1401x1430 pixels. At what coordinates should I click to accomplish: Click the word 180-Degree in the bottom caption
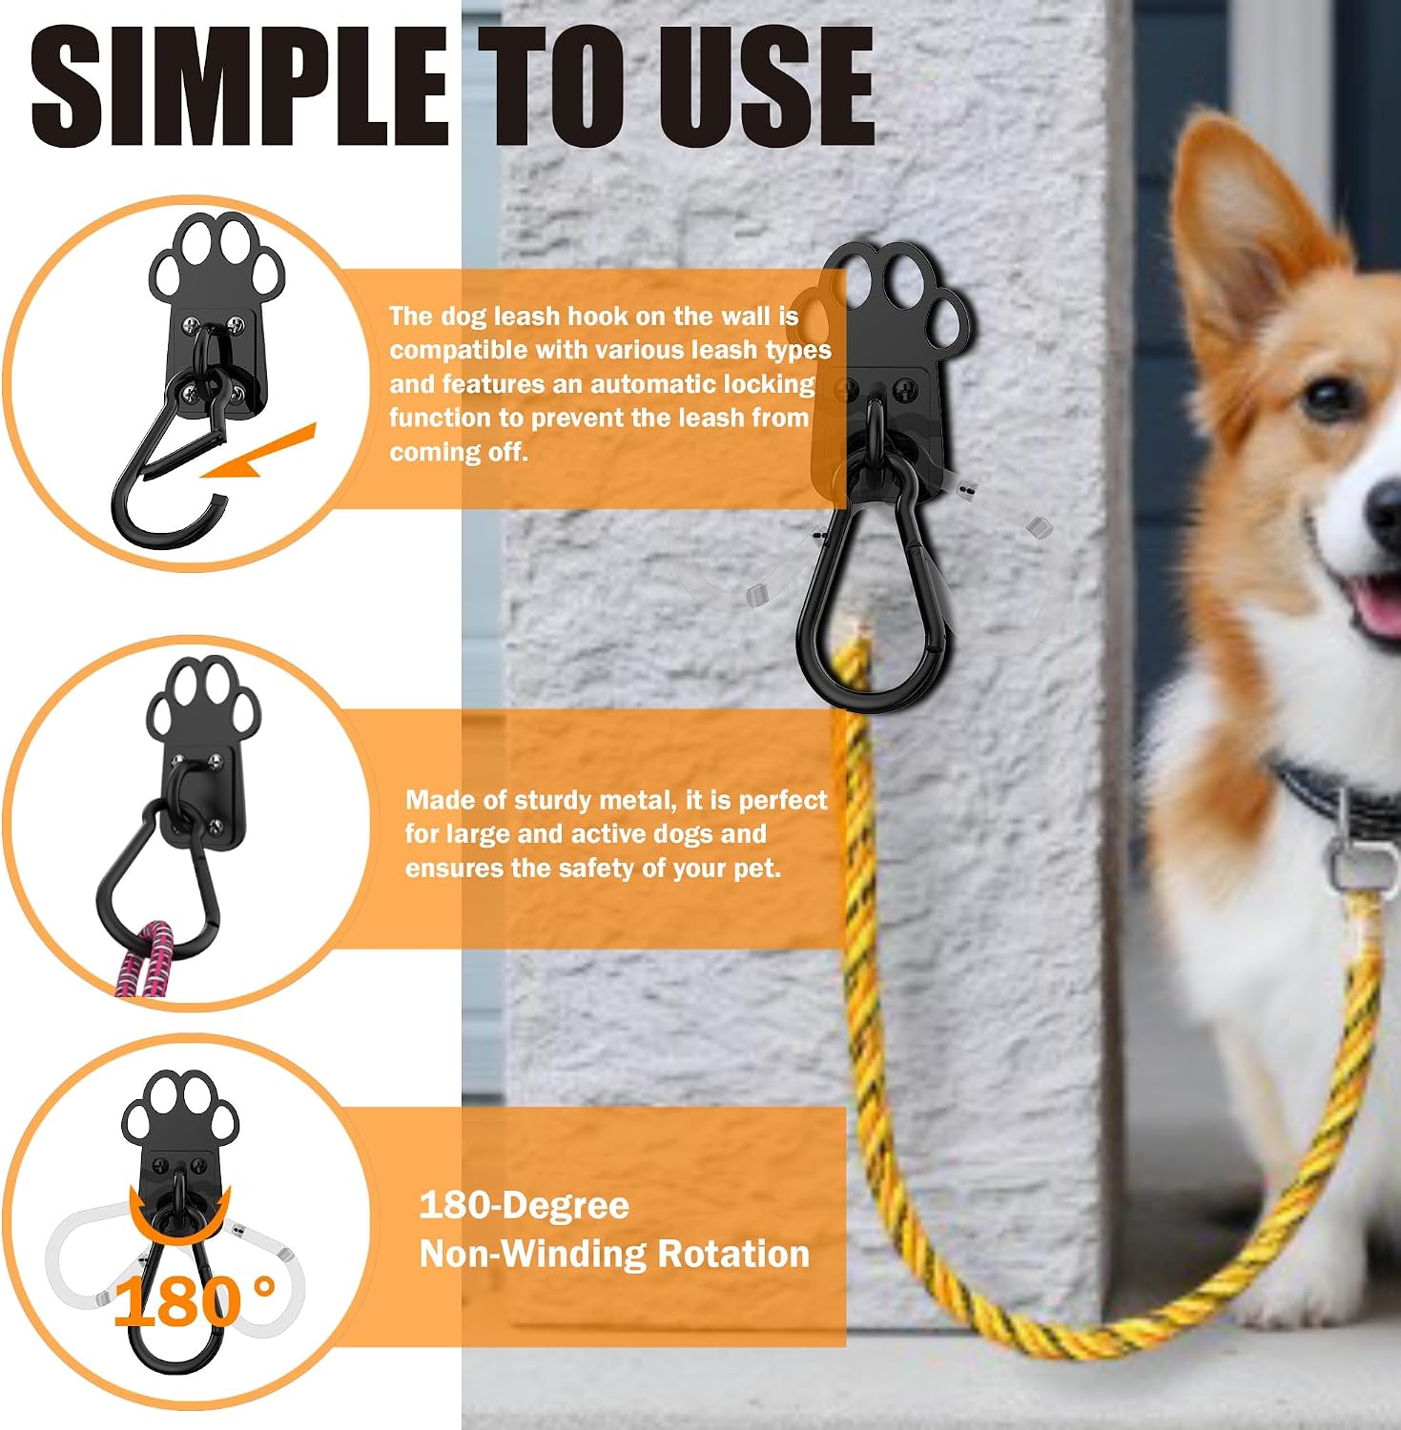point(525,1205)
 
